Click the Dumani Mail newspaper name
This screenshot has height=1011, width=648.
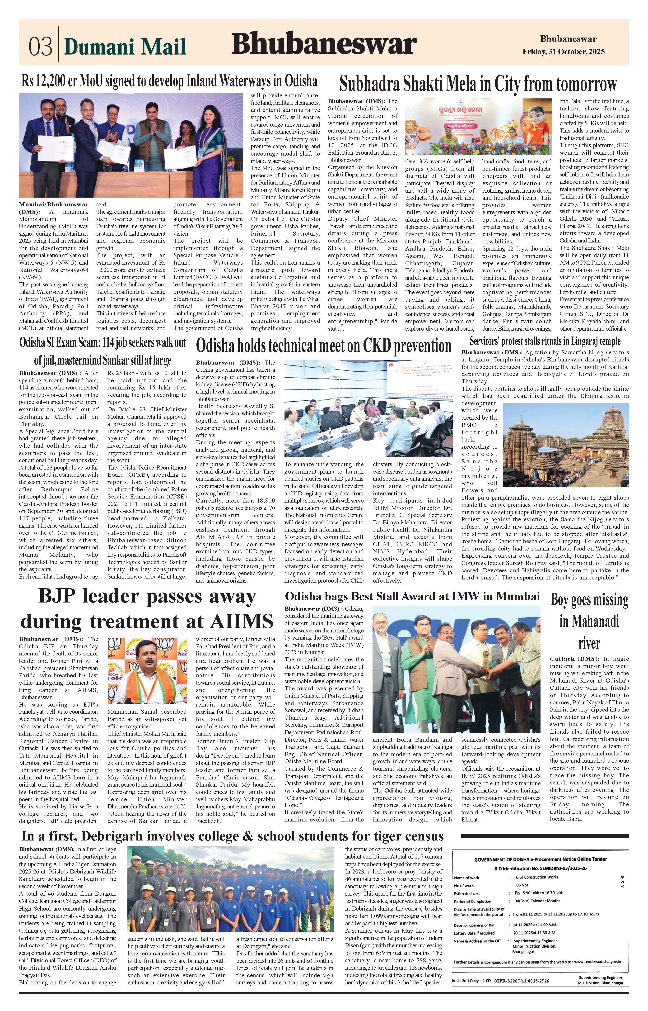tap(125, 46)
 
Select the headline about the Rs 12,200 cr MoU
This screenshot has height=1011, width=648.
tap(170, 81)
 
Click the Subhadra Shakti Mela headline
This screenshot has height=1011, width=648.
tap(478, 84)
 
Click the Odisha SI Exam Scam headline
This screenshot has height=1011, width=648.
tap(103, 351)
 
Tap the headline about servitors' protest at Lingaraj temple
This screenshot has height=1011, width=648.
tap(545, 341)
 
